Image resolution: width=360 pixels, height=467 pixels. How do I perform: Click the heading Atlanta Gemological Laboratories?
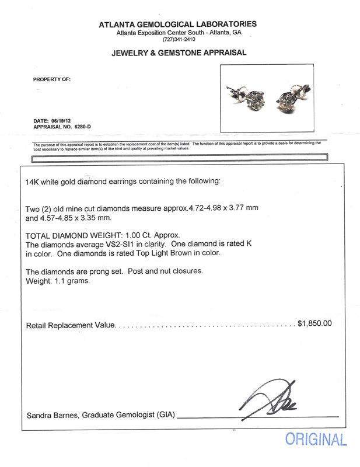pyautogui.click(x=177, y=24)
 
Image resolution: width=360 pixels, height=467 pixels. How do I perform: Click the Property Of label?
pyautogui.click(x=52, y=79)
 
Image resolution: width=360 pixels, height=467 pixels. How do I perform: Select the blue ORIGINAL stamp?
pyautogui.click(x=315, y=441)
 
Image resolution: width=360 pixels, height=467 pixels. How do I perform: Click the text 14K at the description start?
pyautogui.click(x=34, y=182)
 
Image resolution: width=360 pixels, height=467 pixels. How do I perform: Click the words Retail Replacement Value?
pyautogui.click(x=71, y=323)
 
